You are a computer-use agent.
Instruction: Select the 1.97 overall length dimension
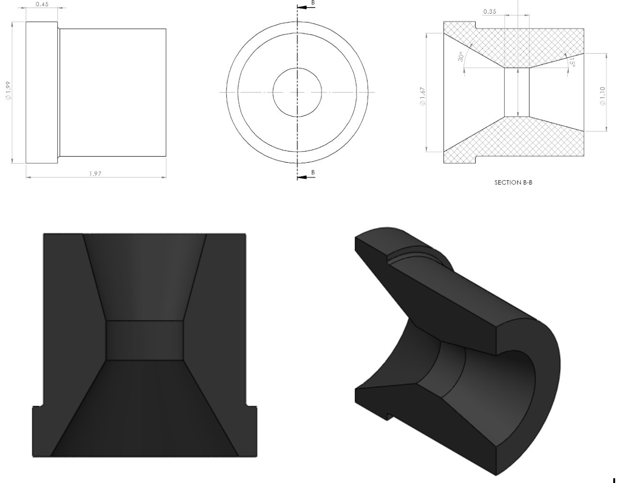(95, 174)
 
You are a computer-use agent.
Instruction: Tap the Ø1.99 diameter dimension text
(8, 91)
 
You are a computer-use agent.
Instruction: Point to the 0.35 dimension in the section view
(489, 11)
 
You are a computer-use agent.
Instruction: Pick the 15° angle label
(572, 63)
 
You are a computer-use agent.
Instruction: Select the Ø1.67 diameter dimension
(422, 95)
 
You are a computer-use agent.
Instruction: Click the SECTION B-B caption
(513, 182)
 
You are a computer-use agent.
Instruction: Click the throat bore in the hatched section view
(516, 92)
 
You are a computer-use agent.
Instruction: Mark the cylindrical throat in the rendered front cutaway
(144, 340)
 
